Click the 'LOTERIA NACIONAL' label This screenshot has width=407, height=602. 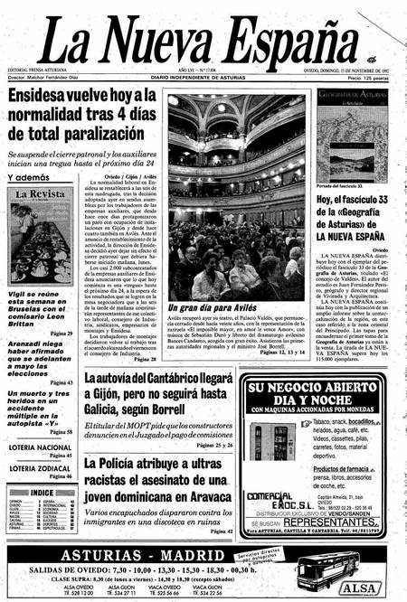pos(40,447)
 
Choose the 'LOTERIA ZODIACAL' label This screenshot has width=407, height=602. pos(40,468)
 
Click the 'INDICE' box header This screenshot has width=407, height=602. pos(42,492)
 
